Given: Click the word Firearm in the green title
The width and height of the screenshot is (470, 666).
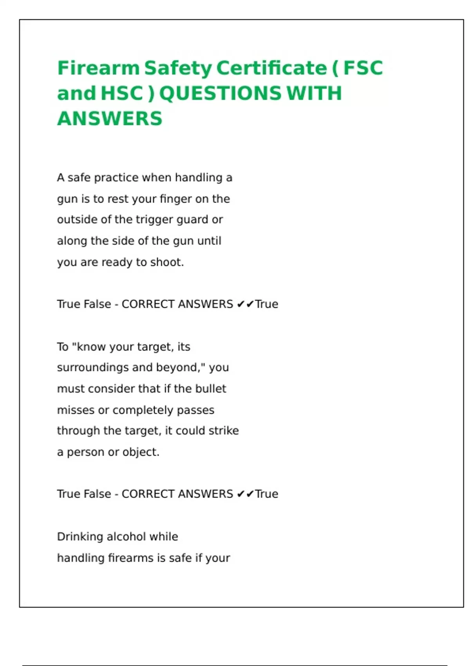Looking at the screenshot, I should pos(98,68).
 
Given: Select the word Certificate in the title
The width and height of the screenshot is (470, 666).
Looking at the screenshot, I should pos(271,68).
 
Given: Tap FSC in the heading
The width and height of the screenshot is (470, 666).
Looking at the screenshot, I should pos(363,68).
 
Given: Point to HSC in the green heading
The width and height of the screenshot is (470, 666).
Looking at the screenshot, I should pos(121,93).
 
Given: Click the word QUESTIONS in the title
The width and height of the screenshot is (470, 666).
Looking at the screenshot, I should pos(220,93).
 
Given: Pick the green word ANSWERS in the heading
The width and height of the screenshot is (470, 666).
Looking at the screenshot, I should pos(110,118).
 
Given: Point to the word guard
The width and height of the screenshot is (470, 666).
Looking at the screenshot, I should pos(192,220).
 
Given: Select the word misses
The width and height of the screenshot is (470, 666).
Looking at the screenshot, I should pos(76,410).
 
